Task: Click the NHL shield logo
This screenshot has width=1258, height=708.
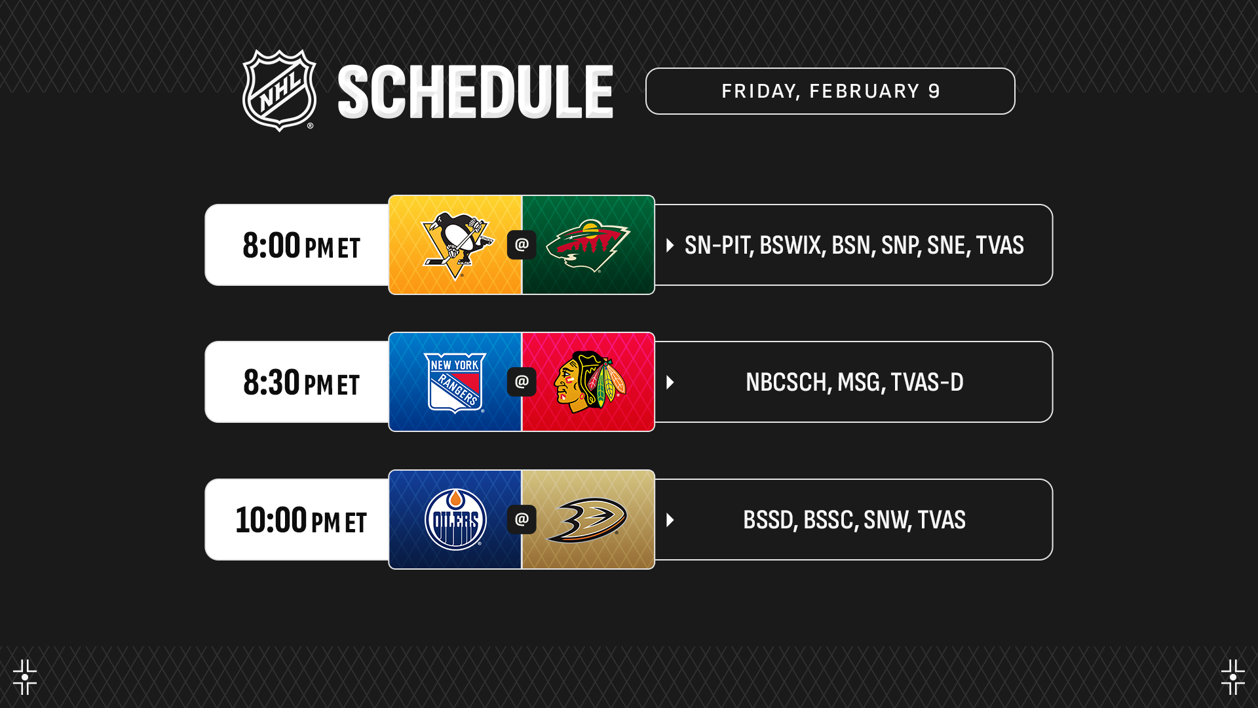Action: click(x=280, y=90)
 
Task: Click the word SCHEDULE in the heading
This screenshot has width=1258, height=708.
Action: click(x=476, y=92)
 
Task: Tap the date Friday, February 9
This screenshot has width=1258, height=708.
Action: click(x=831, y=91)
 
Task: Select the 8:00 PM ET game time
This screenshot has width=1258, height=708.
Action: click(x=301, y=245)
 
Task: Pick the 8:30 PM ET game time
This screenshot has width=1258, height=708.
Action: click(x=301, y=382)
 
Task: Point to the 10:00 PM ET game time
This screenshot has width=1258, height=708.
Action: click(x=301, y=520)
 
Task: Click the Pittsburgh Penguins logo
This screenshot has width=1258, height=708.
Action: click(x=457, y=246)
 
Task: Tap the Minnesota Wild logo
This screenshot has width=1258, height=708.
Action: click(x=588, y=246)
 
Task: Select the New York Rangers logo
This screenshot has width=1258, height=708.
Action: click(x=455, y=383)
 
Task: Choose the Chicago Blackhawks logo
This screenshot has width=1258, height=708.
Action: click(x=590, y=382)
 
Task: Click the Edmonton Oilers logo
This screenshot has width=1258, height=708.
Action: click(x=455, y=520)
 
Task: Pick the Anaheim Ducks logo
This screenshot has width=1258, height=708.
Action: click(x=587, y=521)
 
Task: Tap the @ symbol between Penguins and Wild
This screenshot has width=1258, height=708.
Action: click(x=522, y=245)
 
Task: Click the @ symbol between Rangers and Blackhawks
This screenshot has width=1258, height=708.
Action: click(x=522, y=382)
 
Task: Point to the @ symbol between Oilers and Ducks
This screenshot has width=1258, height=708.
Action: click(x=522, y=520)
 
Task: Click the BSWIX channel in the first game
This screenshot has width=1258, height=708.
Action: click(x=790, y=245)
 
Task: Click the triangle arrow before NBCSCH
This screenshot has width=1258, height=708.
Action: click(x=670, y=382)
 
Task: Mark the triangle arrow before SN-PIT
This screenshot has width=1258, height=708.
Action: click(x=670, y=245)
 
